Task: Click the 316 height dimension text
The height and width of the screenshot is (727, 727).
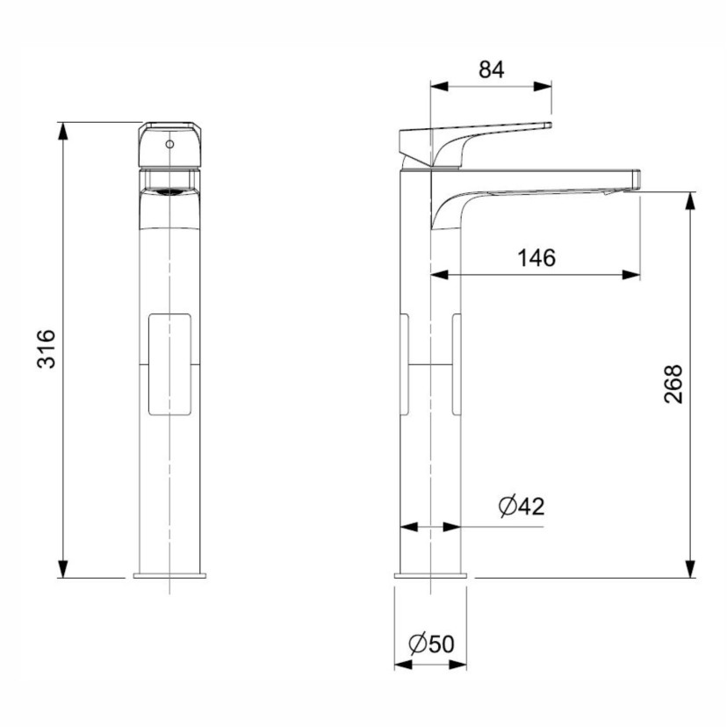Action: coord(47,349)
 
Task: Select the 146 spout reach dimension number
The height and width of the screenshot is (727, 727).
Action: coord(536,258)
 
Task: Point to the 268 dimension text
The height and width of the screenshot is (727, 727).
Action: coord(673,384)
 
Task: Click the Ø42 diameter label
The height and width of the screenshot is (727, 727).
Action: coord(521,506)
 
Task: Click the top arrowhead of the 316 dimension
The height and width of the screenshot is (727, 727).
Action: coord(62,130)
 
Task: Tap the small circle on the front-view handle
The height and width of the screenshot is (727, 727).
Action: coord(169,140)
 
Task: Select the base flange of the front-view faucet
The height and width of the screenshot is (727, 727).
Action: coord(169,576)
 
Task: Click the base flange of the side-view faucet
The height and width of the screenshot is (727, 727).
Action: coord(431,576)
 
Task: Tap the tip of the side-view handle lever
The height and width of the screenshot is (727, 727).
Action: coord(546,126)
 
